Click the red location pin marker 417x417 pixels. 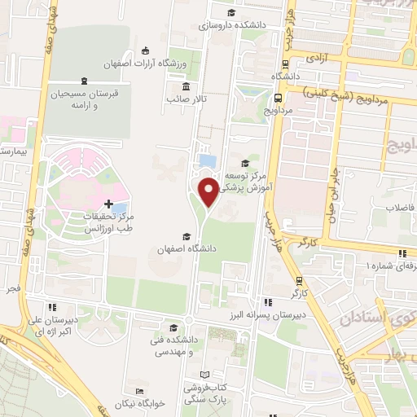(x=209, y=191)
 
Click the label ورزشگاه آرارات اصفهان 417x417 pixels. (x=145, y=64)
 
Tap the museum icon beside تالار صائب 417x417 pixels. (x=187, y=87)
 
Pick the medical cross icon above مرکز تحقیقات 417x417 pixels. (x=109, y=200)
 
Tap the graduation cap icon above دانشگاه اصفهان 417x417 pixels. (x=187, y=236)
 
